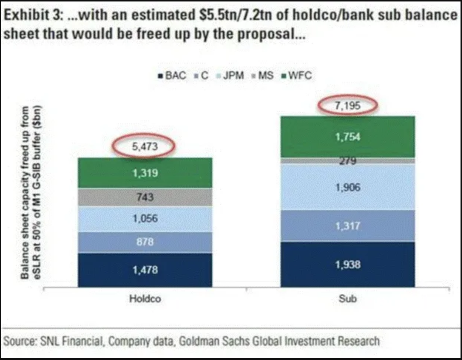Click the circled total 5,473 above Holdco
(145, 146)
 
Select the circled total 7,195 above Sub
(348, 106)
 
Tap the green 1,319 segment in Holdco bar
(145, 173)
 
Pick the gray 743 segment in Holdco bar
(145, 197)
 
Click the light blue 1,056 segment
(145, 219)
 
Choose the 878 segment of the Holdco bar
(145, 242)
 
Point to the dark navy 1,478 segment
(145, 270)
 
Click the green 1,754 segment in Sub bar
(348, 137)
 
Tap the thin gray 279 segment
(348, 161)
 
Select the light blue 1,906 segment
(348, 187)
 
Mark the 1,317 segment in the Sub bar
(348, 226)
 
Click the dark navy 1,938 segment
(348, 264)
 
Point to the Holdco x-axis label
(145, 299)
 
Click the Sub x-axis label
(348, 299)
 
